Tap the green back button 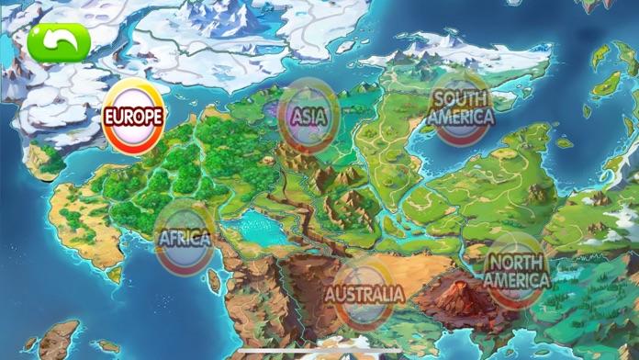pyautogui.click(x=60, y=41)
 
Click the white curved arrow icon pyautogui.click(x=60, y=40)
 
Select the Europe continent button pyautogui.click(x=134, y=117)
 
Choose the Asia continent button pyautogui.click(x=308, y=117)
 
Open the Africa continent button pyautogui.click(x=185, y=239)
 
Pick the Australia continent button pyautogui.click(x=364, y=295)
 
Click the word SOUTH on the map pyautogui.click(x=461, y=98)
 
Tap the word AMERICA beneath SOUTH pyautogui.click(x=461, y=117)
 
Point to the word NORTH pyautogui.click(x=515, y=262)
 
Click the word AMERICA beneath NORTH pyautogui.click(x=515, y=279)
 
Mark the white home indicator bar pyautogui.click(x=319, y=352)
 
